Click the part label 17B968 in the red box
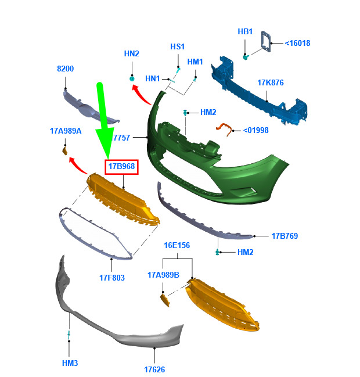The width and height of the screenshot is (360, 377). (x=121, y=166)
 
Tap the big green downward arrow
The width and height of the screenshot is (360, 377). (x=104, y=120)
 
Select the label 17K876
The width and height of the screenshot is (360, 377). (x=271, y=82)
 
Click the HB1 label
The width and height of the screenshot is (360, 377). (x=245, y=31)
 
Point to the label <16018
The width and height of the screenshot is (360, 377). (x=297, y=44)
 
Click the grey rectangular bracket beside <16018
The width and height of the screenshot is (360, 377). (x=266, y=41)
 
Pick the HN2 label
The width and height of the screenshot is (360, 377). (x=131, y=53)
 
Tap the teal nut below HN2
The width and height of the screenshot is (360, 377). (x=132, y=78)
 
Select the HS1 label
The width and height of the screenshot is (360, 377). (x=177, y=46)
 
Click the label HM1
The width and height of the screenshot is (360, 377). (x=195, y=62)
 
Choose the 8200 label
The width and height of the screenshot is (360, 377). (x=66, y=69)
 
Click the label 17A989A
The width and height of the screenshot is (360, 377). (x=66, y=131)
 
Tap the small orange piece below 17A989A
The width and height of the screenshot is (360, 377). (x=65, y=151)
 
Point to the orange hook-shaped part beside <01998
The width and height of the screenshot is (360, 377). (x=224, y=128)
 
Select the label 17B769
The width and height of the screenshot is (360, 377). (x=285, y=236)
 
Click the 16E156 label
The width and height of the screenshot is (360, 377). (x=177, y=246)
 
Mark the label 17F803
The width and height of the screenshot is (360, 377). (x=112, y=278)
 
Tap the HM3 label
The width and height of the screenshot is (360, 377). (x=70, y=363)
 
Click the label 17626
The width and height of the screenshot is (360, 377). (x=154, y=370)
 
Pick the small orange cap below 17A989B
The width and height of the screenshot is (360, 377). (x=165, y=300)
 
